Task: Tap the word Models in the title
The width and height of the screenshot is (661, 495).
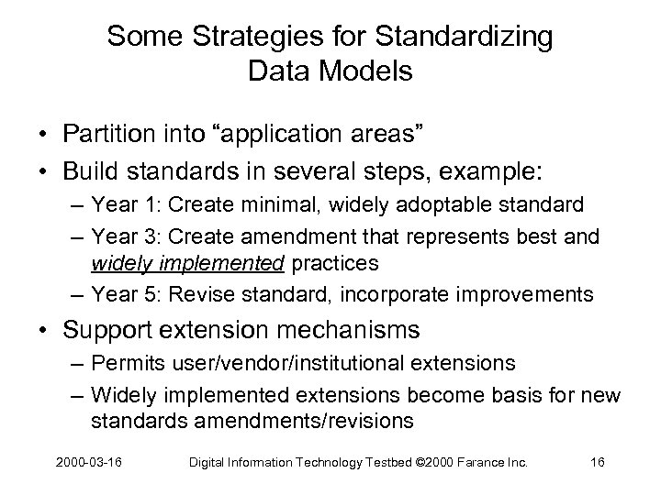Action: [365, 71]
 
